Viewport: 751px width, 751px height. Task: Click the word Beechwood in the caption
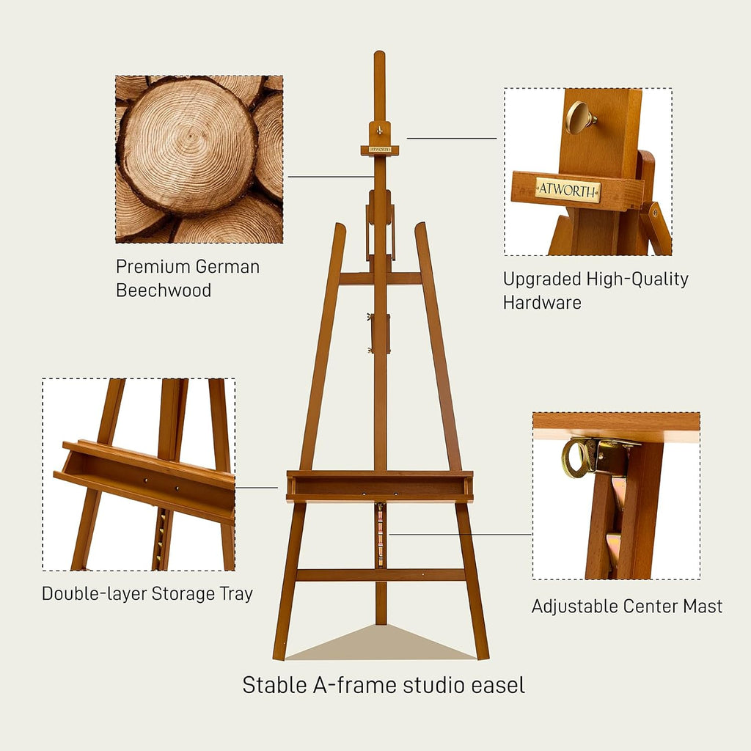coord(164,290)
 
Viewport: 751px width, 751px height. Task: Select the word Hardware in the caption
coord(542,302)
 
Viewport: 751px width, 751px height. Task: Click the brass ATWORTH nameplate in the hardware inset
coord(567,190)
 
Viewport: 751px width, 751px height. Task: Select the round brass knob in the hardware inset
coord(578,117)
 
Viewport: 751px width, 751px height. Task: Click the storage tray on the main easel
coord(379,486)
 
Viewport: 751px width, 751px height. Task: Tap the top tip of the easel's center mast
coord(379,54)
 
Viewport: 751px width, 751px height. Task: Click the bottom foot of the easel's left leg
coord(279,655)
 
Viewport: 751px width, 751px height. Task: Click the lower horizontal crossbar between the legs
coord(379,575)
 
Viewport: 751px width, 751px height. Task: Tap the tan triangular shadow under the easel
coord(379,645)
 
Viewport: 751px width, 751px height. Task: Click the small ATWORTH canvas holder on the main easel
coord(379,150)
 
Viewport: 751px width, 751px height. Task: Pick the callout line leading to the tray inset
coord(257,487)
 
